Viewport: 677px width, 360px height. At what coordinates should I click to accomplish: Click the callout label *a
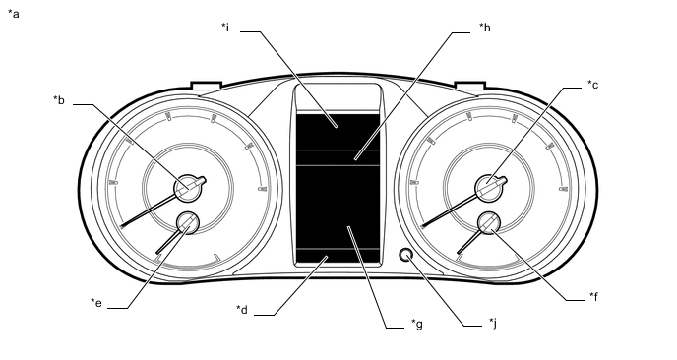click(14, 14)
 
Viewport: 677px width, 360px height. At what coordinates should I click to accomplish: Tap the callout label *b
click(59, 100)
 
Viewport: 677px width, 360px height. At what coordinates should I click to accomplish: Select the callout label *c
click(592, 85)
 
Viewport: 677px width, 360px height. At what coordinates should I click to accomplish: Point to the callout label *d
click(242, 310)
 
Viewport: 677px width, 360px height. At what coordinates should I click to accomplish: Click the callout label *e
click(96, 303)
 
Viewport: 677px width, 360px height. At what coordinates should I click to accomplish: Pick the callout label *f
click(593, 296)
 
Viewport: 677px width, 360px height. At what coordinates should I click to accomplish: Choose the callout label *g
click(416, 324)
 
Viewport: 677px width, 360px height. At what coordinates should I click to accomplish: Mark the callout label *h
click(485, 28)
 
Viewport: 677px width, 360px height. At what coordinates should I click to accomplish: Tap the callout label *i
click(225, 28)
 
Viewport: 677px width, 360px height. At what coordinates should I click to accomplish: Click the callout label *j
click(493, 323)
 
